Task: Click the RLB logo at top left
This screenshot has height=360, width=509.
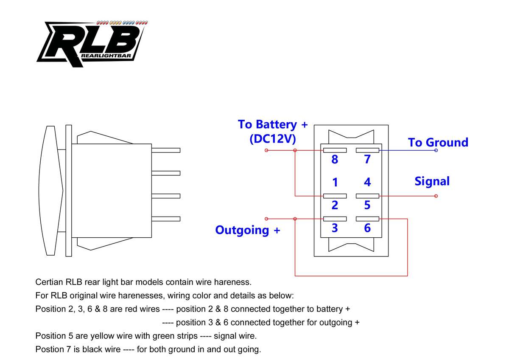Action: [x=91, y=43]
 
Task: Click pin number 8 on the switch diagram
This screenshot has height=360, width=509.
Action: [x=335, y=160]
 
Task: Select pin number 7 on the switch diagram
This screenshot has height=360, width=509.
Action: [x=367, y=160]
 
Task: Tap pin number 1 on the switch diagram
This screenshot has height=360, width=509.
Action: [x=335, y=183]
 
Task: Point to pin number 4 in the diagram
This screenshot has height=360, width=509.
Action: [x=367, y=183]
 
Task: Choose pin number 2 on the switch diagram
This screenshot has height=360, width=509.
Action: [x=335, y=205]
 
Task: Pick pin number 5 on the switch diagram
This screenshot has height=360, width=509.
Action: [x=367, y=205]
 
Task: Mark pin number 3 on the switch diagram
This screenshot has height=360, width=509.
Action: [x=335, y=228]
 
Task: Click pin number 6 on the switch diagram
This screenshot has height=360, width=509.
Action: [x=367, y=228]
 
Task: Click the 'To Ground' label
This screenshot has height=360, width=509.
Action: [x=438, y=142]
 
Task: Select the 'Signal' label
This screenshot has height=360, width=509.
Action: [x=432, y=181]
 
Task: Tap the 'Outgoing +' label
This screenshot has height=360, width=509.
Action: [x=248, y=230]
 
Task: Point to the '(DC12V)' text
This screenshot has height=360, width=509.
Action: [x=273, y=139]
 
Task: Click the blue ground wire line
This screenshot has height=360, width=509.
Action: [x=407, y=150]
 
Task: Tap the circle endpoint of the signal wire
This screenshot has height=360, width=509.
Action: [x=436, y=196]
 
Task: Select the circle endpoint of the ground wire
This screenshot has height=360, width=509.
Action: [x=436, y=150]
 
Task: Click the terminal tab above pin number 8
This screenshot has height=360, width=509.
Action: [x=335, y=150]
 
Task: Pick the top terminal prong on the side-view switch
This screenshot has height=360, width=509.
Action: [x=166, y=150]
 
